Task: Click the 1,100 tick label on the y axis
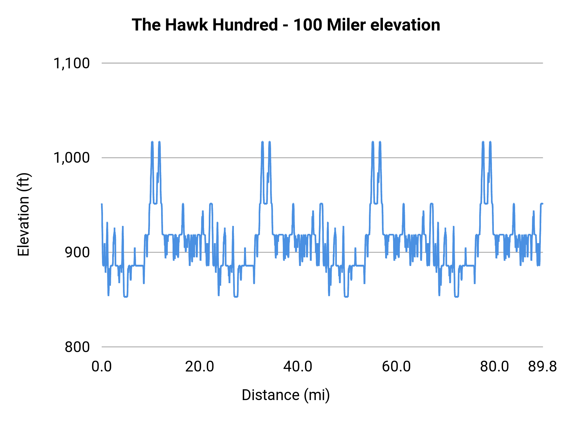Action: [71, 63]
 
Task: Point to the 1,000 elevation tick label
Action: [71, 158]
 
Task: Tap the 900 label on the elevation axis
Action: [77, 252]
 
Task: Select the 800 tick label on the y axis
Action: [77, 347]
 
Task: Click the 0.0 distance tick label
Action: [102, 367]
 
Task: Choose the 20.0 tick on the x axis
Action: [200, 367]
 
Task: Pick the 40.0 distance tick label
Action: [298, 367]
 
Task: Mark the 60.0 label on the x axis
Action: [396, 367]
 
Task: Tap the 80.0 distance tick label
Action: [494, 367]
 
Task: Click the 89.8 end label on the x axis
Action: [542, 367]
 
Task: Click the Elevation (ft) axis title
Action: [24, 214]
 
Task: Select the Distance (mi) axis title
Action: [286, 395]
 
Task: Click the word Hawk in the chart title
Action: [187, 25]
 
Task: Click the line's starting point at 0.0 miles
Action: [102, 204]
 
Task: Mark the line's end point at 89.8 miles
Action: [542, 203]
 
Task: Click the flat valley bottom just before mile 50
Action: [346, 296]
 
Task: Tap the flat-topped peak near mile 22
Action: [211, 203]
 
